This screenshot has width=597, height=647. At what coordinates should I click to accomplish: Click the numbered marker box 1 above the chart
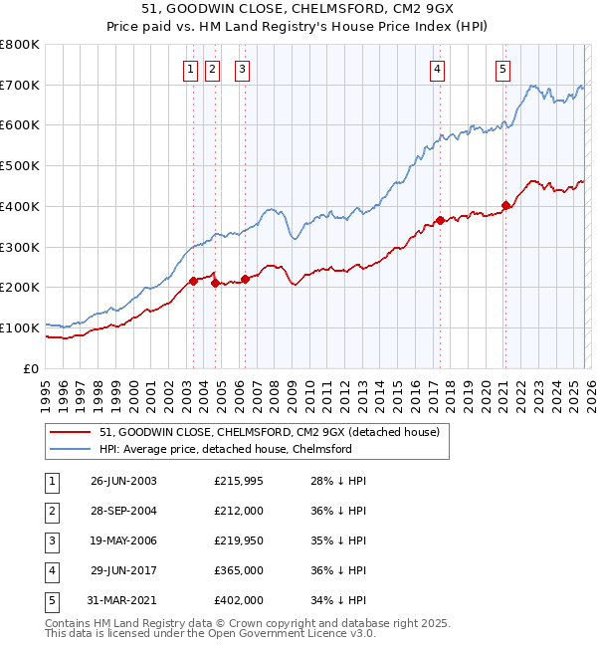coord(190,69)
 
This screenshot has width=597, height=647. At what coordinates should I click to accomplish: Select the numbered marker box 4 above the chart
coord(437,69)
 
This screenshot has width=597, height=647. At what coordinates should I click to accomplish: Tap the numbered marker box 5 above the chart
coord(502,69)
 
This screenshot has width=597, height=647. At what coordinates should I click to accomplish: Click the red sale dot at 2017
coord(439,220)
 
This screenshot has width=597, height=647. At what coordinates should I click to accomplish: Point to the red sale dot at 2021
coord(505,205)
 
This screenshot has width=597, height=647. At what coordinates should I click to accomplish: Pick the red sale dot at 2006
coord(244,279)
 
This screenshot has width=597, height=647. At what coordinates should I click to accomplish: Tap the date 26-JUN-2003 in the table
coord(123,481)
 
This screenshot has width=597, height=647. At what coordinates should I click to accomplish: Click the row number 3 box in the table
coord(51,540)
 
